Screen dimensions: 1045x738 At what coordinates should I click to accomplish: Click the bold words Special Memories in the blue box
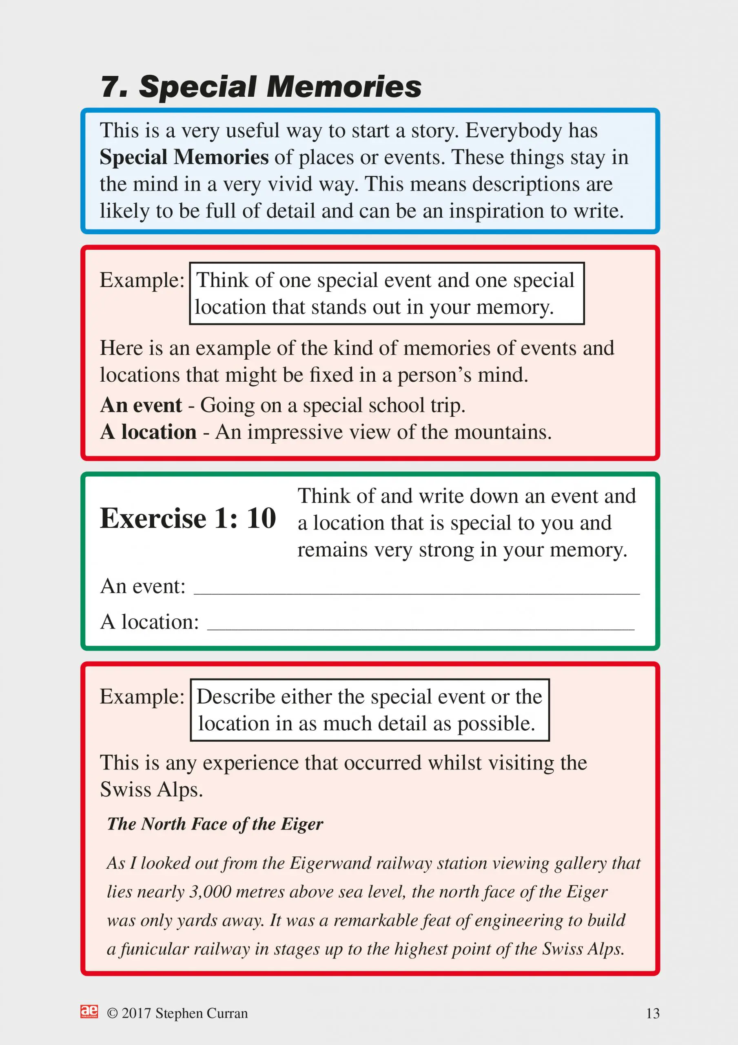(x=184, y=158)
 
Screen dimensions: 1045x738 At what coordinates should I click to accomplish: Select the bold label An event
(x=141, y=405)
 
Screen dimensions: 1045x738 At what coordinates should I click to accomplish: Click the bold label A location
(x=148, y=432)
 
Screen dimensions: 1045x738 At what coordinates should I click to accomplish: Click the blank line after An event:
(x=416, y=589)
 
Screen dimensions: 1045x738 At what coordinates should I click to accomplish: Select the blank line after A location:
(x=421, y=625)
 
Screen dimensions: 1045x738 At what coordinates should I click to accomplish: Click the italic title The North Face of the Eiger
(x=215, y=824)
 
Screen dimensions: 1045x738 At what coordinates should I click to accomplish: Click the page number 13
(x=652, y=1014)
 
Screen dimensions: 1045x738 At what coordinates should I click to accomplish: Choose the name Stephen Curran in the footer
(x=201, y=1014)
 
